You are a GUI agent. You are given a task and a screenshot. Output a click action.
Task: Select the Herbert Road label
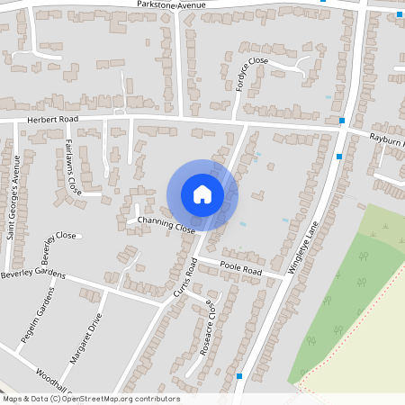(x=52, y=119)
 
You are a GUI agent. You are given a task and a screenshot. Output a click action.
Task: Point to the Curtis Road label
(x=185, y=278)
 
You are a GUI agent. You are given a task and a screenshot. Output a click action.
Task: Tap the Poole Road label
(x=240, y=268)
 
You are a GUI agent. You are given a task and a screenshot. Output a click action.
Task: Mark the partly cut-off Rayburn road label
(x=388, y=139)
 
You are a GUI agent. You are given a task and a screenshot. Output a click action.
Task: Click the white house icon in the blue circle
(x=202, y=194)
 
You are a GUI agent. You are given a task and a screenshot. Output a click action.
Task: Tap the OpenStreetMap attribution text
(x=91, y=399)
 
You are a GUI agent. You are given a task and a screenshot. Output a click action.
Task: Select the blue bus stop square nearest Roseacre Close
(x=239, y=376)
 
